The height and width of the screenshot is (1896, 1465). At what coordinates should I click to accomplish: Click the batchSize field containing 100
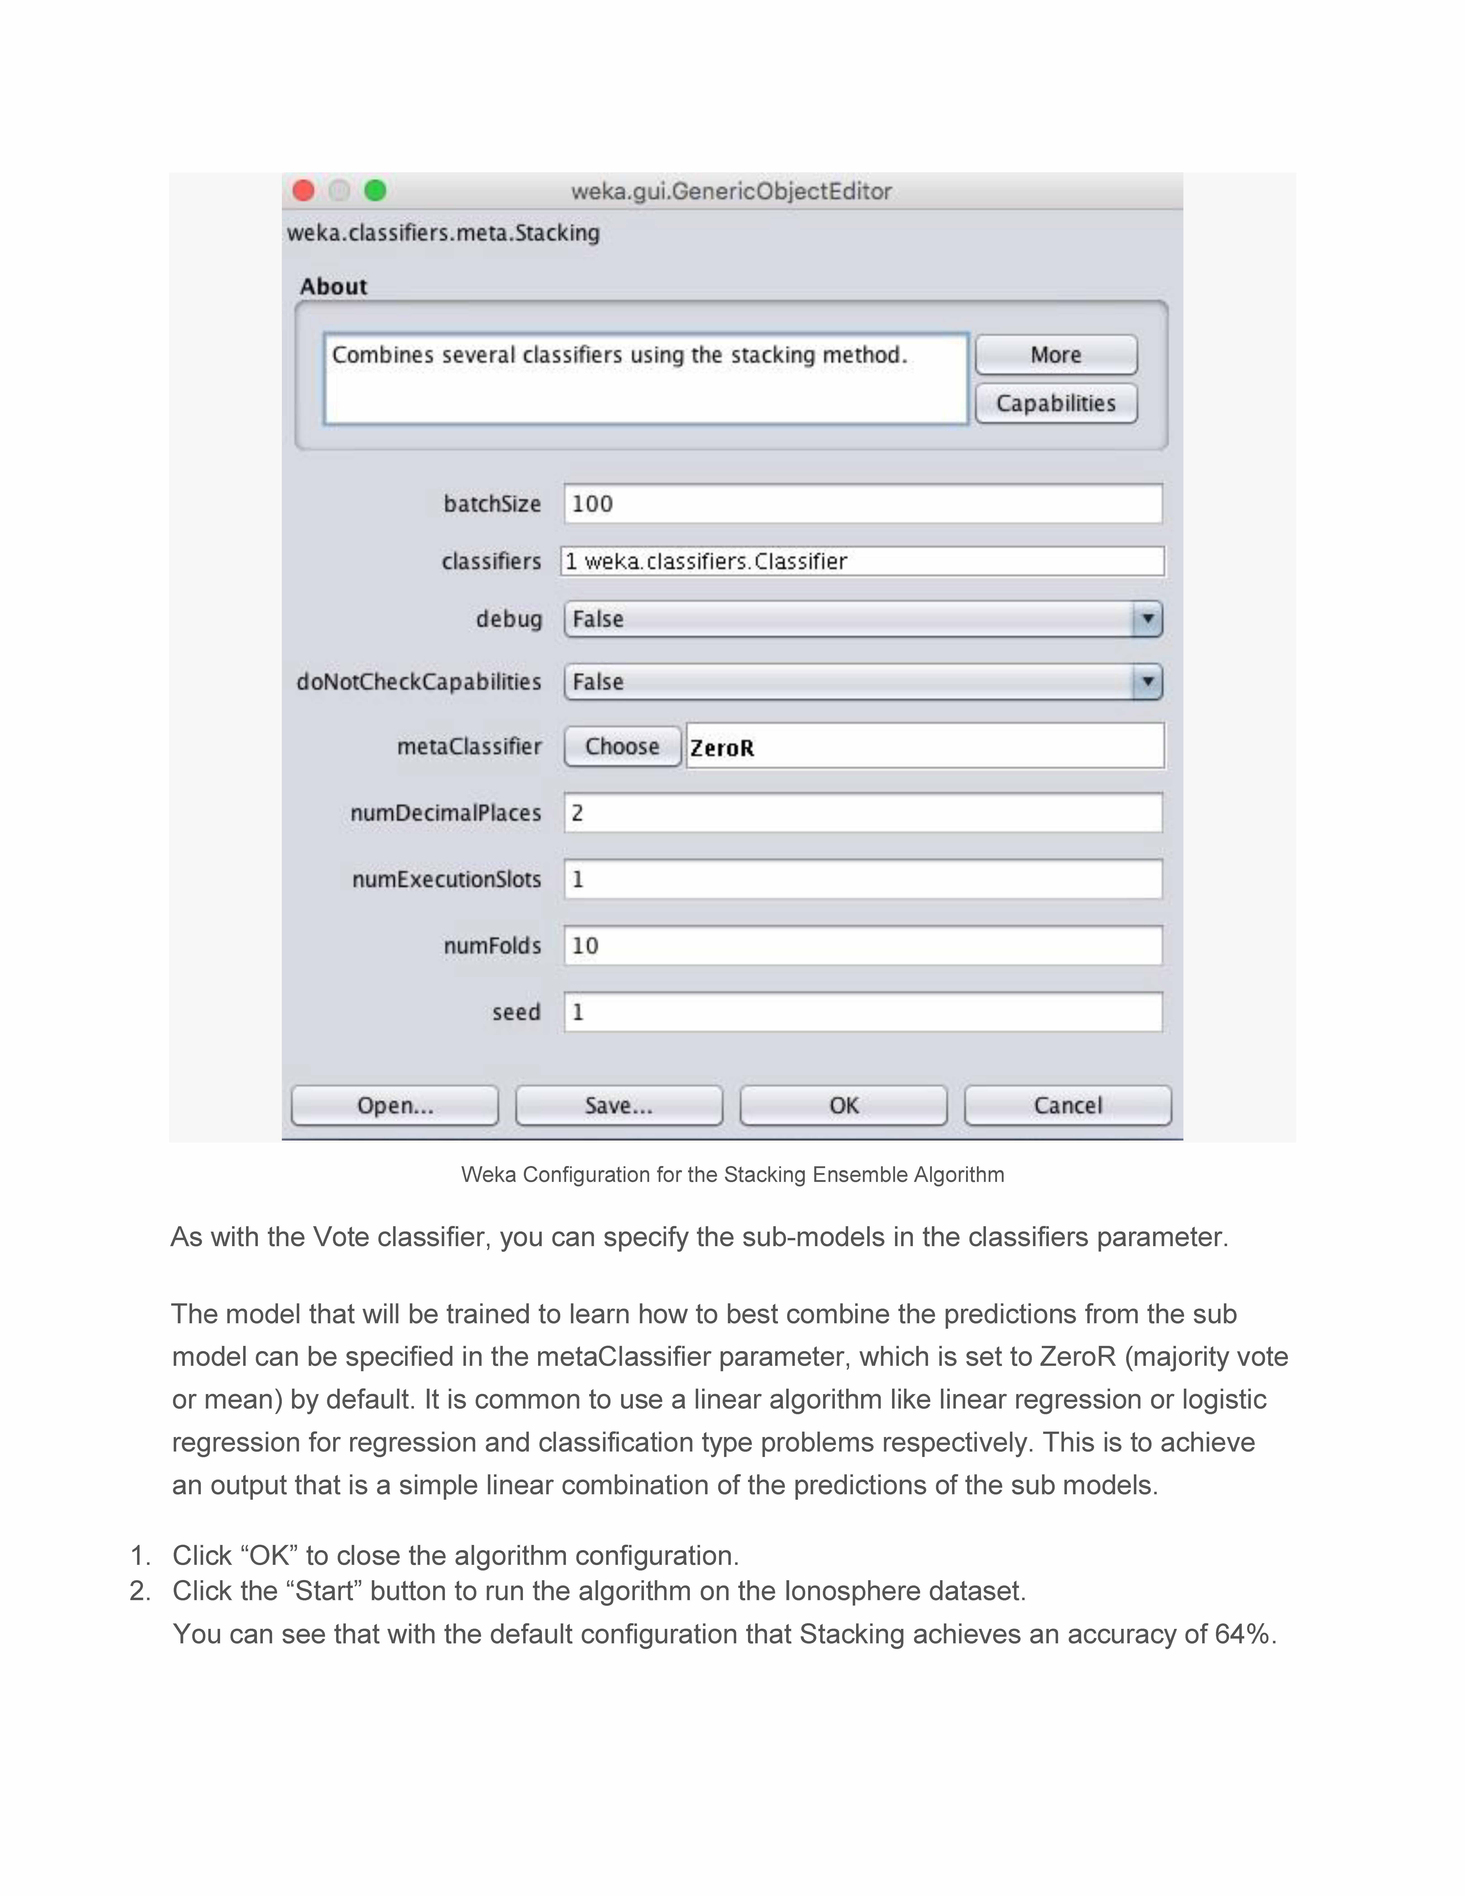tap(863, 504)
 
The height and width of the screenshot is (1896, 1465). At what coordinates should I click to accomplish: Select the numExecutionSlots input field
tap(863, 879)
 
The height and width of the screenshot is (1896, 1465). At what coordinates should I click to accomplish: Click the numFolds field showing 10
tap(863, 945)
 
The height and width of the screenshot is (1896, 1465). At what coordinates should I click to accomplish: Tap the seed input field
tap(863, 1012)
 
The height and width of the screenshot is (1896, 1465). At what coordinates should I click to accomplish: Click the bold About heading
tap(333, 287)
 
